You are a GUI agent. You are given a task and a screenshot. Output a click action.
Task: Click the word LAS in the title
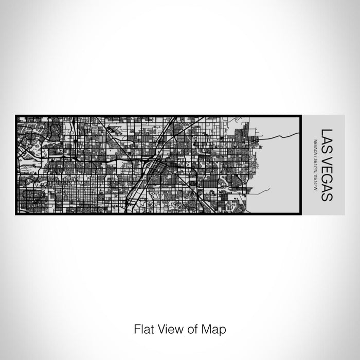(x=327, y=137)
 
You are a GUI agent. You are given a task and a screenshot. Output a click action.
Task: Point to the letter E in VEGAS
(x=327, y=164)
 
